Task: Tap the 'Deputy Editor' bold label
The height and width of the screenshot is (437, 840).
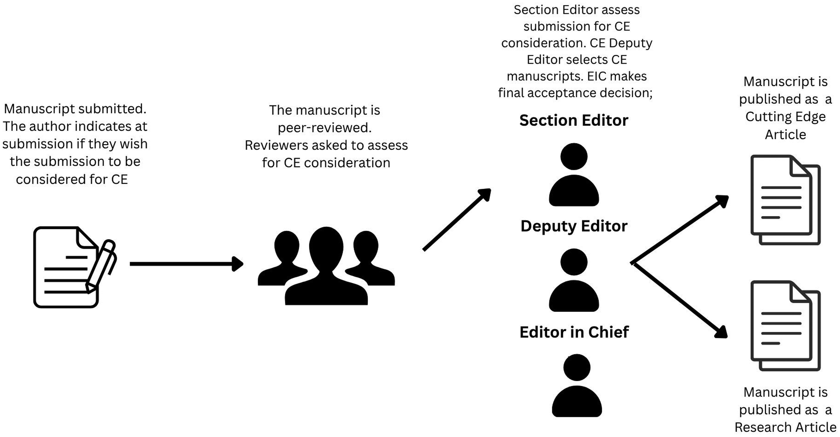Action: point(574,226)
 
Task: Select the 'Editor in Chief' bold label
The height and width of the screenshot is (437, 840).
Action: point(574,332)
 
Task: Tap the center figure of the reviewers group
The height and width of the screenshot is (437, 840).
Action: point(326,267)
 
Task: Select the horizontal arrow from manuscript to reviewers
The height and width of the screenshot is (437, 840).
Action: point(186,264)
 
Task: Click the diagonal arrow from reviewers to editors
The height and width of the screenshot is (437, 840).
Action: point(456,220)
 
